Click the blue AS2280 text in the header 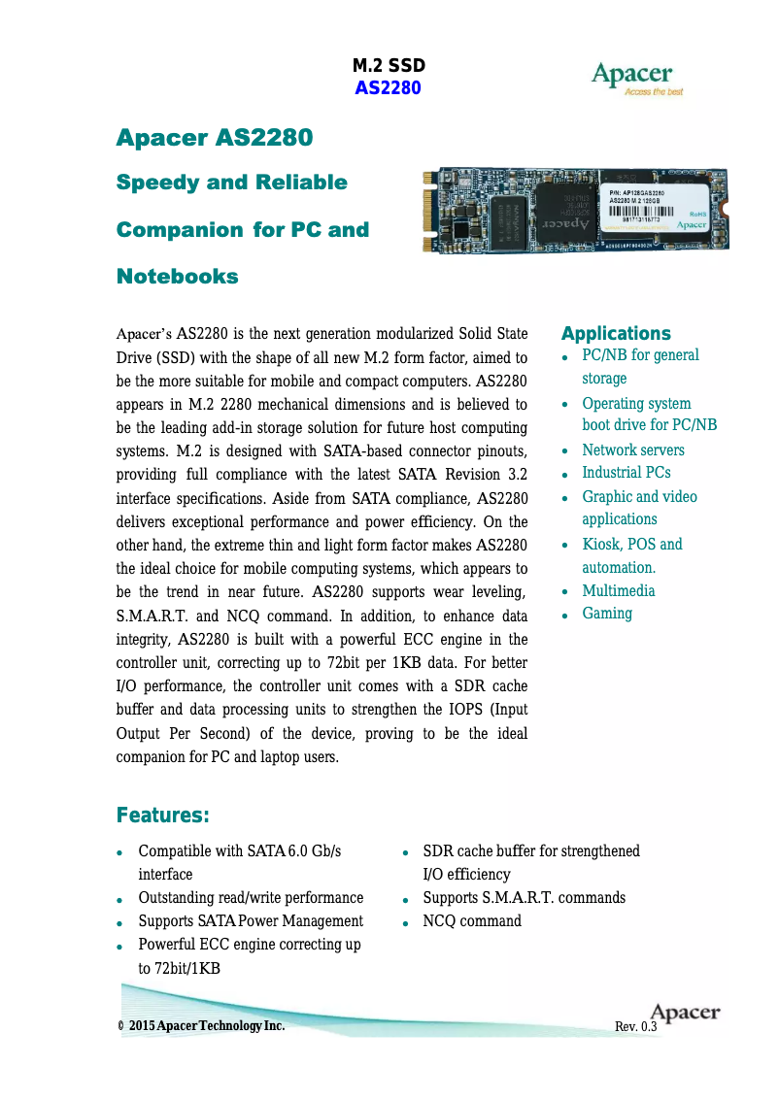click(388, 88)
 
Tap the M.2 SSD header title click(389, 66)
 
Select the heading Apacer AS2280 click(215, 138)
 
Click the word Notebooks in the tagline click(177, 277)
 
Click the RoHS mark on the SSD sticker click(696, 213)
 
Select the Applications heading click(616, 333)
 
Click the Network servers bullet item click(632, 450)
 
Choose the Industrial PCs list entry click(626, 473)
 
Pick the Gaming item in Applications click(606, 614)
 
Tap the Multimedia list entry click(618, 590)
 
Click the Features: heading click(163, 814)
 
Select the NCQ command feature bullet click(471, 920)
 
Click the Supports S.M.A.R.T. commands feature click(524, 897)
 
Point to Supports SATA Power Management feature click(251, 920)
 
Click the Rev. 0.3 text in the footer click(636, 1026)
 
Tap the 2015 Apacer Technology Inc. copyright click(206, 1026)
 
